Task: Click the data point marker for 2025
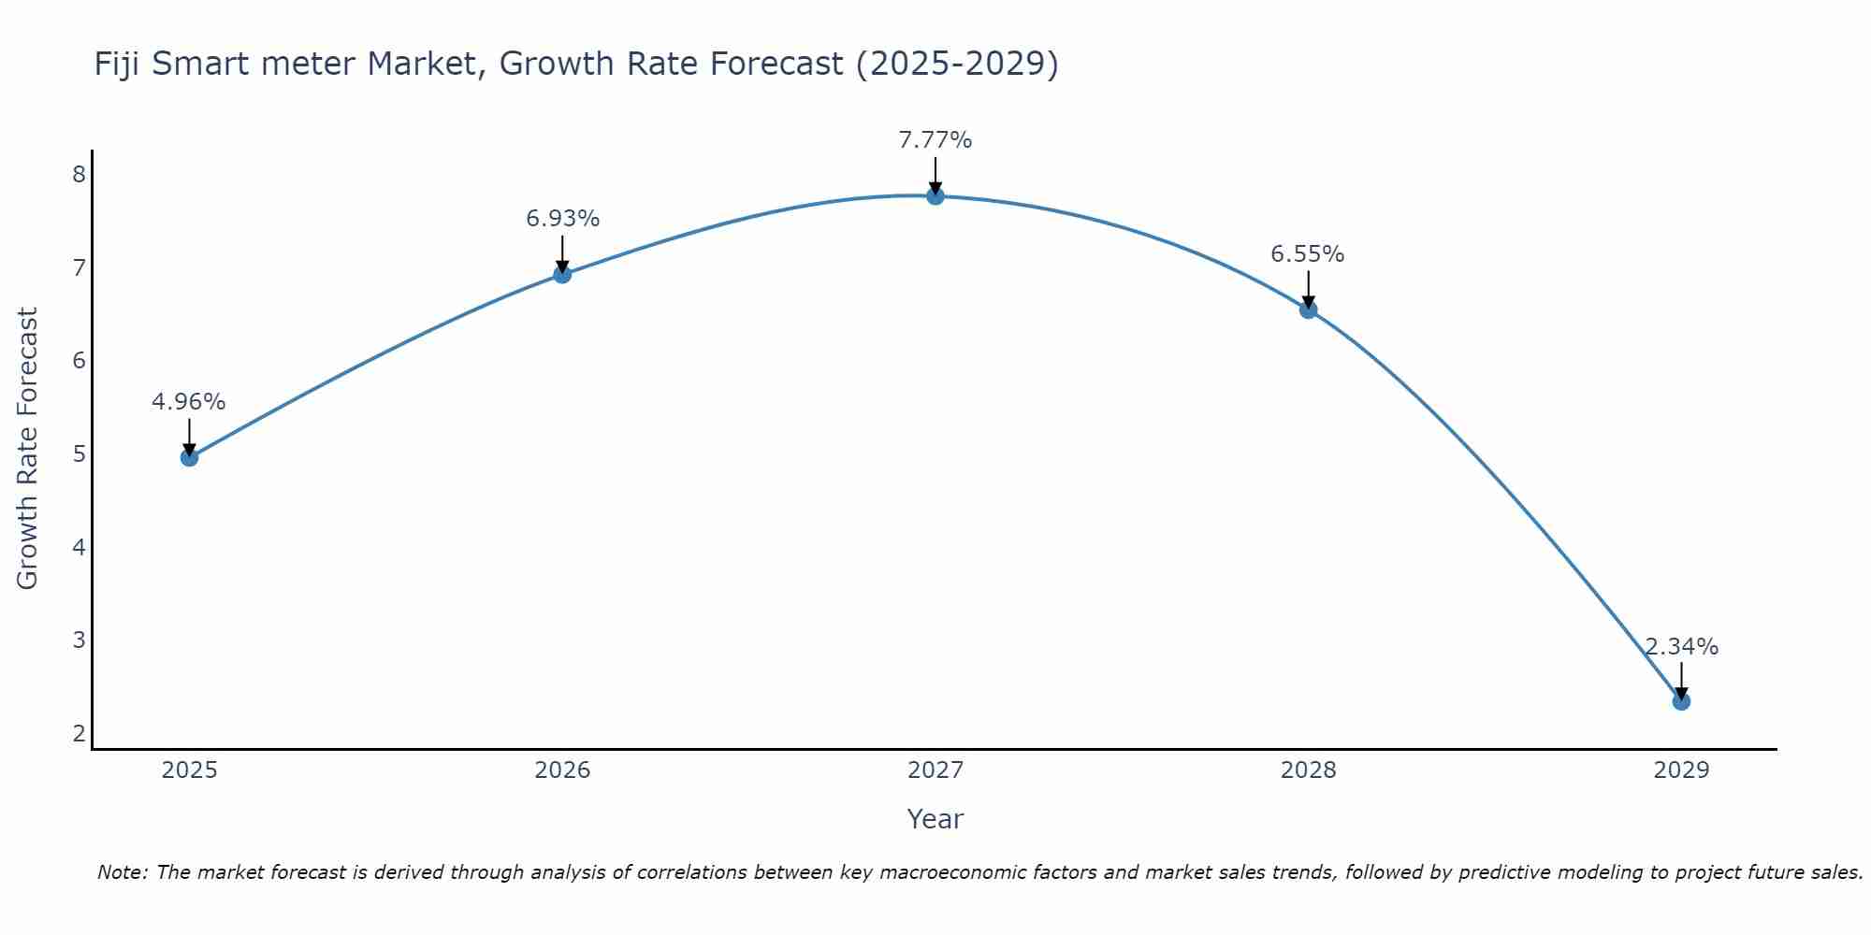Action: [x=189, y=457]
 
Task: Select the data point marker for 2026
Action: [x=562, y=274]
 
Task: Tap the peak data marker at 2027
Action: [x=935, y=195]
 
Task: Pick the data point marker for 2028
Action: [x=1308, y=309]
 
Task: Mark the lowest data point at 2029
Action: [x=1681, y=701]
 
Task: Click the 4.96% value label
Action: [x=189, y=402]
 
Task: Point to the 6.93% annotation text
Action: [x=562, y=219]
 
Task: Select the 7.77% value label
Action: [x=935, y=140]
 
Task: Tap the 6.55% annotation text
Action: [x=1307, y=254]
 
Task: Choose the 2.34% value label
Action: [x=1681, y=647]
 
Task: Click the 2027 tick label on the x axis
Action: [x=935, y=770]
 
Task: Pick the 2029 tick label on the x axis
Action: [x=1681, y=770]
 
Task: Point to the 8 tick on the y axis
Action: [x=79, y=175]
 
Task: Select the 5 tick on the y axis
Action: [x=79, y=454]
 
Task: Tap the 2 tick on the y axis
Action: [x=79, y=733]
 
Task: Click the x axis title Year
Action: [x=935, y=819]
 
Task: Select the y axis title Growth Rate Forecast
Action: [x=28, y=449]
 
